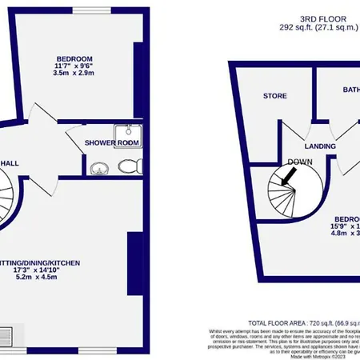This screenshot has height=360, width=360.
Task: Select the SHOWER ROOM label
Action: click(113, 143)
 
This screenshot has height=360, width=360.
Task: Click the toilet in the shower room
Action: click(126, 166)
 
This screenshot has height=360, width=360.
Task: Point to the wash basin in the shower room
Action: click(99, 168)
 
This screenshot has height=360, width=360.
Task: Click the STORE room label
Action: click(275, 96)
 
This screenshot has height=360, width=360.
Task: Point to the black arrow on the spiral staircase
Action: click(283, 178)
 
